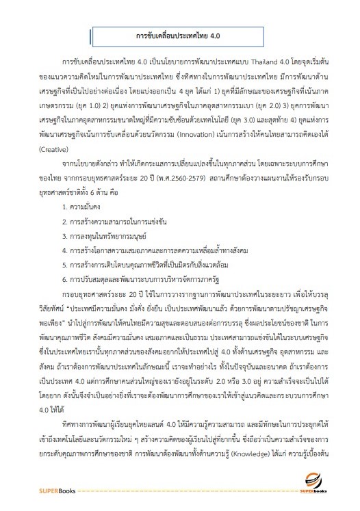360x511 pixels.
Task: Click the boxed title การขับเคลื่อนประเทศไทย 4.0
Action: coord(181,34)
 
